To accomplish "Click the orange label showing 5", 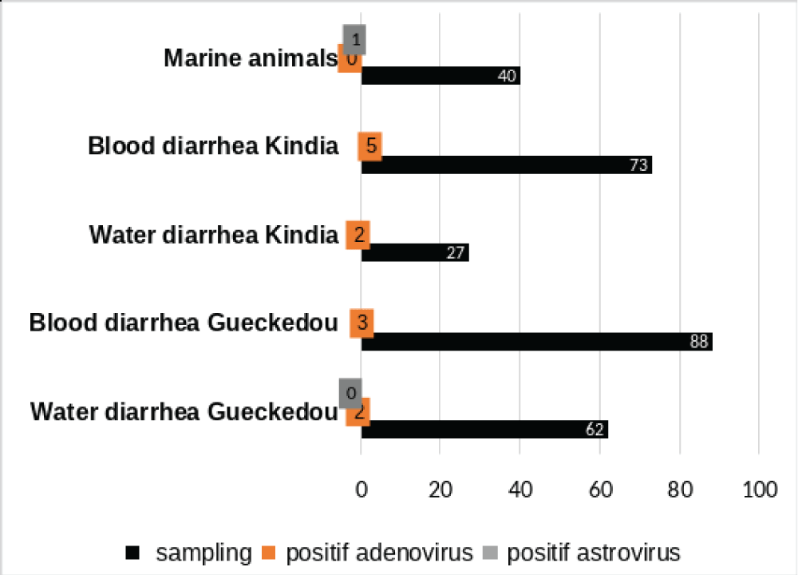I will tap(369, 147).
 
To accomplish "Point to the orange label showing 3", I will tap(361, 323).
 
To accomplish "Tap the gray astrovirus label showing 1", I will tap(354, 39).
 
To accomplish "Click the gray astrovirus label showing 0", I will tap(350, 393).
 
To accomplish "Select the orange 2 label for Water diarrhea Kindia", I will tap(358, 236).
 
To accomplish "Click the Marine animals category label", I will tap(251, 58).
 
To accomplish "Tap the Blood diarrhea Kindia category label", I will tap(213, 147).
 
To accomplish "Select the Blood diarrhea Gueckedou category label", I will tap(184, 323).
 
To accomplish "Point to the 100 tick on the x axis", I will tap(757, 490).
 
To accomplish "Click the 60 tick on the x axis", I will tap(599, 490).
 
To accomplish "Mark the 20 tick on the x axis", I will tap(440, 490).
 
